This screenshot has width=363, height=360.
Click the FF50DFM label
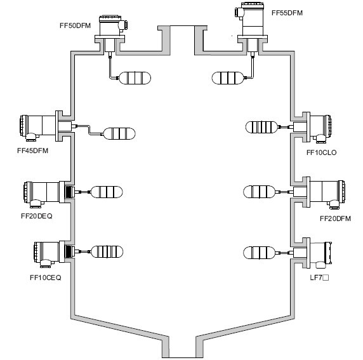76,25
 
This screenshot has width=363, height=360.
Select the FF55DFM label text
287,13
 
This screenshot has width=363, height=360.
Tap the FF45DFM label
32,151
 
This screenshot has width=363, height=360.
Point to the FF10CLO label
322,152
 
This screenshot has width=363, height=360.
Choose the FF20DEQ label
37,216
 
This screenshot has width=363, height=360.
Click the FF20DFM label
336,218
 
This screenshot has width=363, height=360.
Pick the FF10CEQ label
46,277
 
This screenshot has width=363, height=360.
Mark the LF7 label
319,277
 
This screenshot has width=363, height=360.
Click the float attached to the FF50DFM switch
135,78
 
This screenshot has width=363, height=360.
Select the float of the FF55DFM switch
228,78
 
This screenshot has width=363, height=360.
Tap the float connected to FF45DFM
119,134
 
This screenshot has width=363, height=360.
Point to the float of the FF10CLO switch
261,127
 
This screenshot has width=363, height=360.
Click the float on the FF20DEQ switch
107,192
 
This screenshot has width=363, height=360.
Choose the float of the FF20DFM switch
260,192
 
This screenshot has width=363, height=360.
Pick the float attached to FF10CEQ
107,252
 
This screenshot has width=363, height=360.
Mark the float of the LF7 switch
260,253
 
